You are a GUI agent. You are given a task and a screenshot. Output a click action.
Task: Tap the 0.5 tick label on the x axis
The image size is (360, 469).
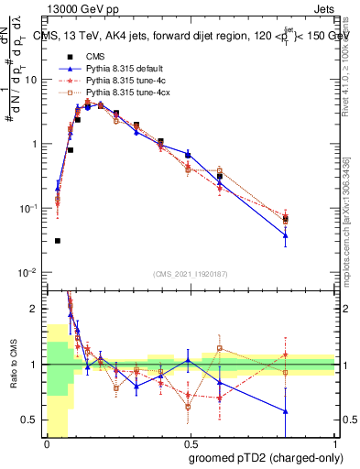pos(191,443)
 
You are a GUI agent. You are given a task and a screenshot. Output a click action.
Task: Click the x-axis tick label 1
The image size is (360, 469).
pos(335,443)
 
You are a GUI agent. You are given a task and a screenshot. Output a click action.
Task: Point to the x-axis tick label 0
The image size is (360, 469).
pos(47,443)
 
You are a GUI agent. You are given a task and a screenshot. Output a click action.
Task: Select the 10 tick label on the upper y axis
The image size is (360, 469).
pos(31,80)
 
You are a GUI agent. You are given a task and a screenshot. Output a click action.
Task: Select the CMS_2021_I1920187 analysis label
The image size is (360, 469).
pos(191,274)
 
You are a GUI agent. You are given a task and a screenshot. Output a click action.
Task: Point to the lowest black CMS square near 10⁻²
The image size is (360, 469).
pos(58,241)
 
